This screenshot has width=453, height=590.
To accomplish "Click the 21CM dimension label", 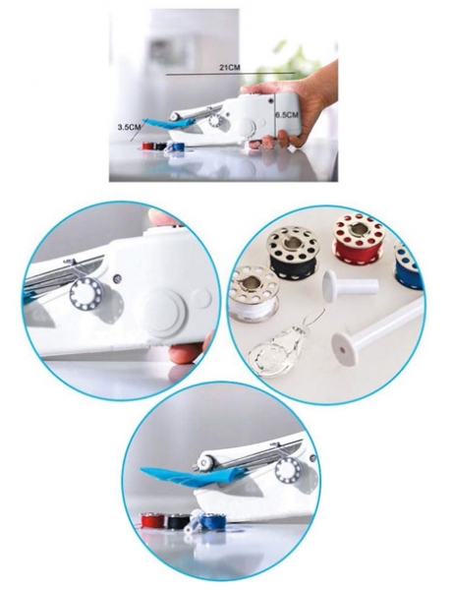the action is (230, 68).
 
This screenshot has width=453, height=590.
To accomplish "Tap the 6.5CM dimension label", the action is (287, 115).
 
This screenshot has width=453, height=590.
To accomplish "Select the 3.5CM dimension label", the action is (129, 127).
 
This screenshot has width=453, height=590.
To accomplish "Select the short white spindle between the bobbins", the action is (350, 285).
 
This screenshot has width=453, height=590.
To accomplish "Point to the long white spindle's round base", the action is (344, 348).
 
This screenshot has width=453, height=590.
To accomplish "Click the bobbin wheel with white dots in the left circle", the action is (87, 294).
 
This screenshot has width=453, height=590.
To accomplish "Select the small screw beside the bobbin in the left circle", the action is (119, 278).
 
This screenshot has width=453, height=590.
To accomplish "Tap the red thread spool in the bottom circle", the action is (152, 521).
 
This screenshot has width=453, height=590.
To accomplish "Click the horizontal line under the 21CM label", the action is (231, 74).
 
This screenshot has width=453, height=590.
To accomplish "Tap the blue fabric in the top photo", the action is (169, 123).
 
